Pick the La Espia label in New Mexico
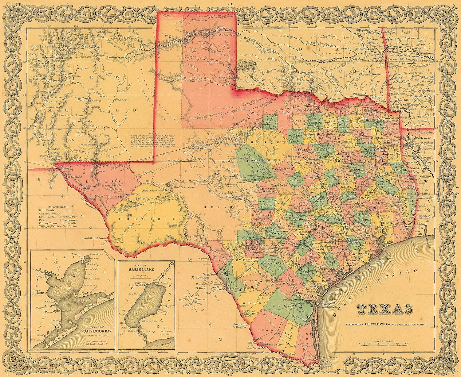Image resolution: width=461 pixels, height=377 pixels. pos(122,100)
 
